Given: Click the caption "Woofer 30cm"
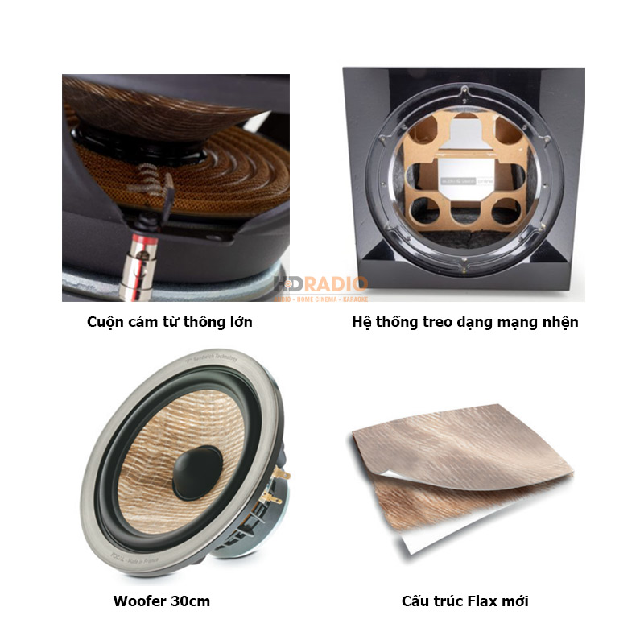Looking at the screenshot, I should [x=161, y=601].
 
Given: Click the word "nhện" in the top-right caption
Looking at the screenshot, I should [x=559, y=322].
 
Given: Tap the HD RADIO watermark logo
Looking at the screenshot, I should [x=320, y=287].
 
